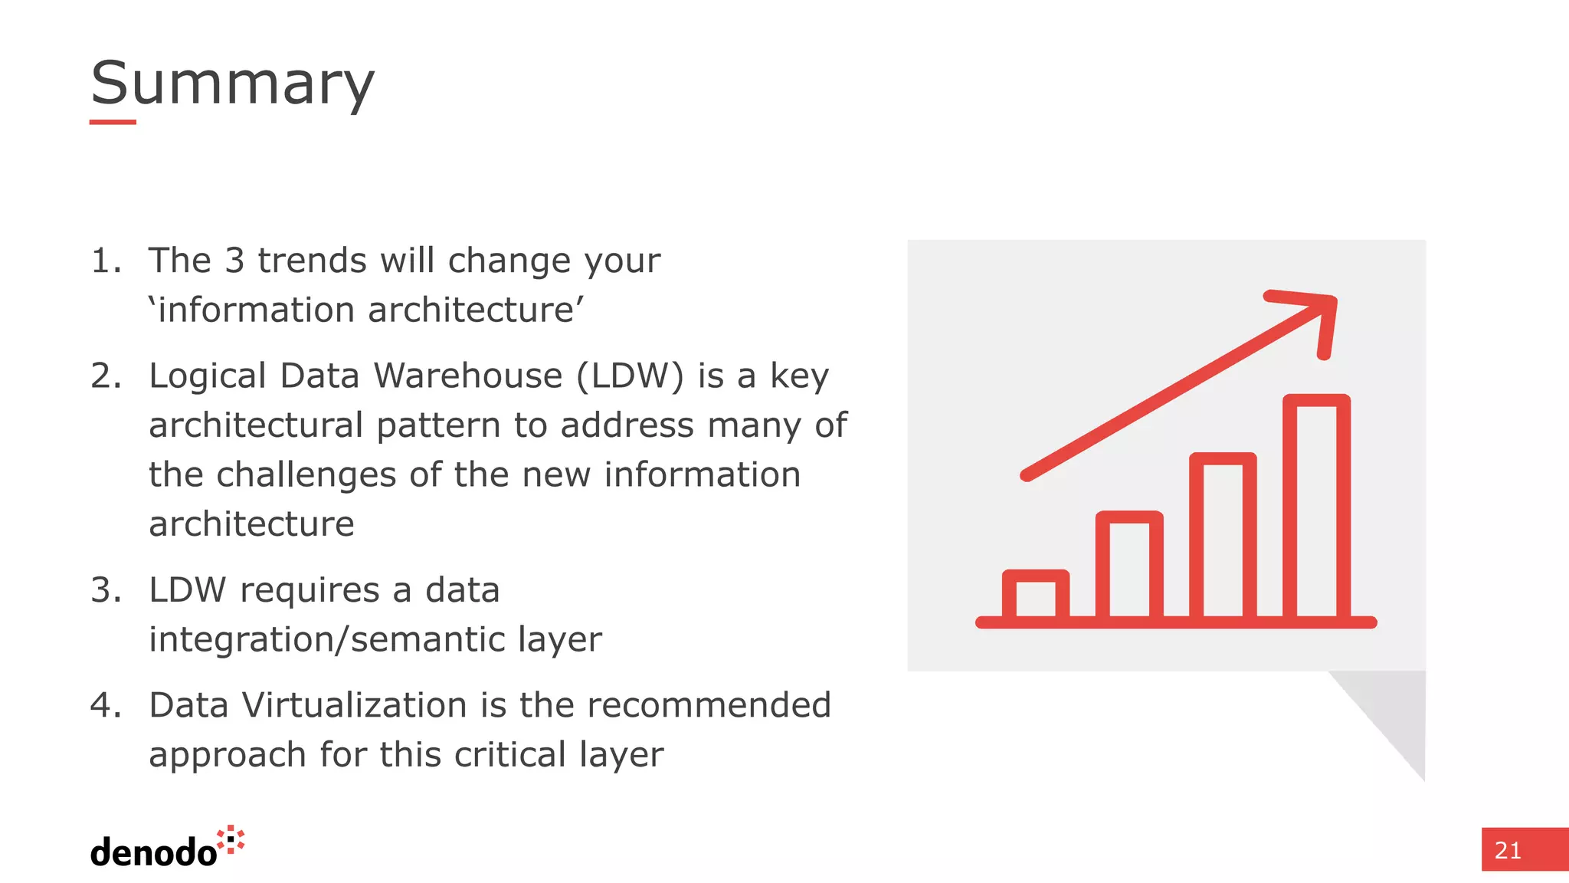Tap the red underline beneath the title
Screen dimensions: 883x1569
[x=113, y=122]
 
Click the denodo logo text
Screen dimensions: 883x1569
[x=153, y=852]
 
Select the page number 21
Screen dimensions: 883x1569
[x=1508, y=850]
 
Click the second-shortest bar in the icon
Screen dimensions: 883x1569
[x=1128, y=565]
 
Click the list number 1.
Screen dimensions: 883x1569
[x=106, y=261]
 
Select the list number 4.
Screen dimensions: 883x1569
[x=106, y=705]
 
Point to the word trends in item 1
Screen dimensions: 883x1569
[x=313, y=261]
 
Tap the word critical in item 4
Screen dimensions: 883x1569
[x=510, y=754]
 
